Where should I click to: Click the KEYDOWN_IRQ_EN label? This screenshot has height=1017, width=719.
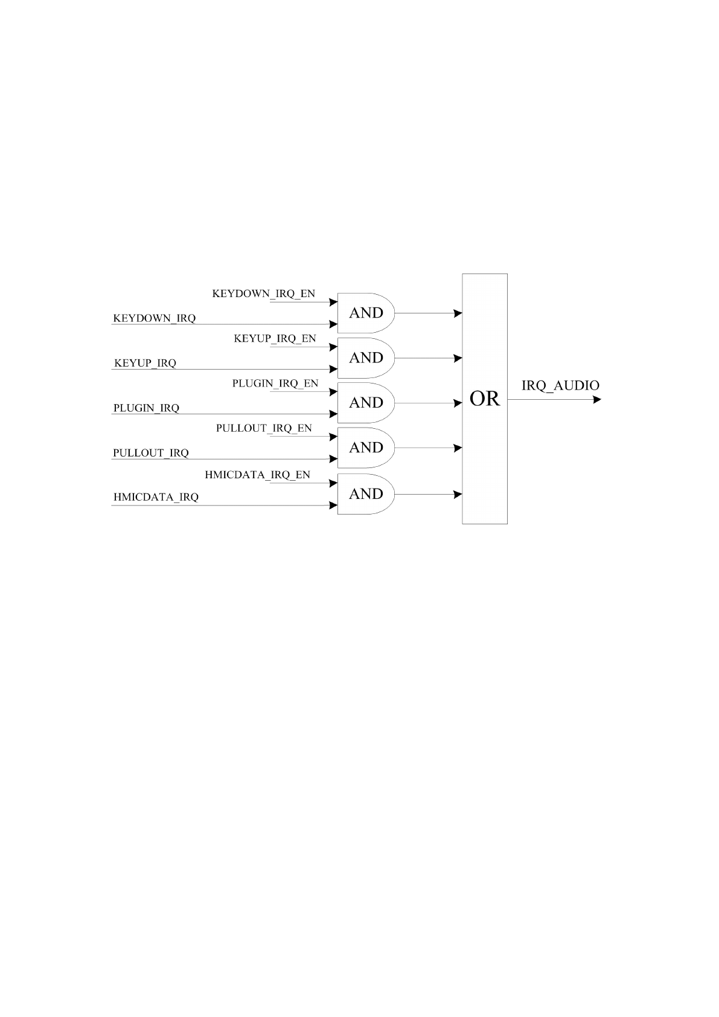click(263, 294)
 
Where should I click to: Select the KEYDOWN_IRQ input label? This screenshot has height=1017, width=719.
click(154, 318)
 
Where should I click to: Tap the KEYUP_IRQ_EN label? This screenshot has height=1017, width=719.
click(275, 339)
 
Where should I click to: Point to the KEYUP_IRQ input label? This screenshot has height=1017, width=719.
click(145, 363)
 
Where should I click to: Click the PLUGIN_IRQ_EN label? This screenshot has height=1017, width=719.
click(275, 383)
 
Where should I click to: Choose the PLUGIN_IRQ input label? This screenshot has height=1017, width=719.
click(146, 408)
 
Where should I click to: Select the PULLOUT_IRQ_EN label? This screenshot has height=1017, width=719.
click(264, 428)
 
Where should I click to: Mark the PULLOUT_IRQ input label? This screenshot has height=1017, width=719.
click(150, 453)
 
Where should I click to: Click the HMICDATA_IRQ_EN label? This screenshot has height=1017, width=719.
click(257, 475)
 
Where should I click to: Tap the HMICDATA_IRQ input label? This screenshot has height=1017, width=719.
click(156, 498)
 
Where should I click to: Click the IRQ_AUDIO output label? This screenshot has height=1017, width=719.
click(560, 385)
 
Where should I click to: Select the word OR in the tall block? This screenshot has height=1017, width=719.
click(485, 399)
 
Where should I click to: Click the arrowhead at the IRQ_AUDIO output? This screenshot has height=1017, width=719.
click(597, 399)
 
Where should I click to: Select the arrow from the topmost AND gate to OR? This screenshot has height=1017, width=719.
click(427, 313)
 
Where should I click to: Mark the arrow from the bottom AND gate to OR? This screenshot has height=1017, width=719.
click(427, 495)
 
